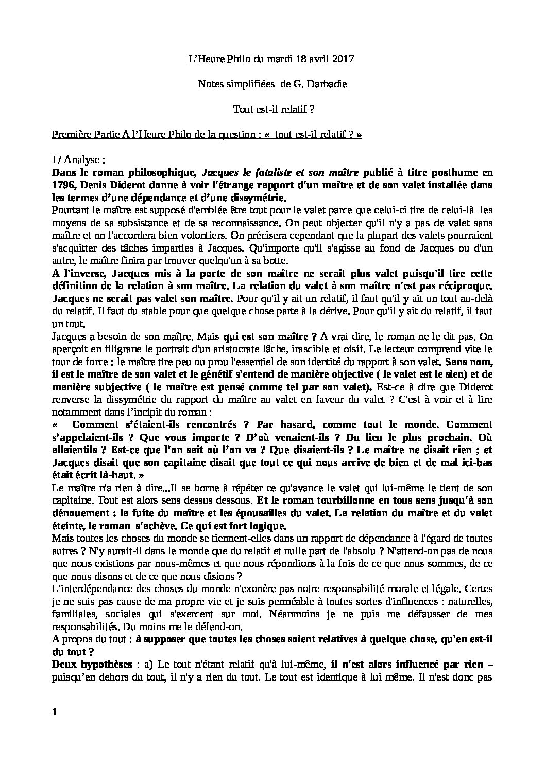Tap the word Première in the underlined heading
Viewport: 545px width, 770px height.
(x=69, y=135)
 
